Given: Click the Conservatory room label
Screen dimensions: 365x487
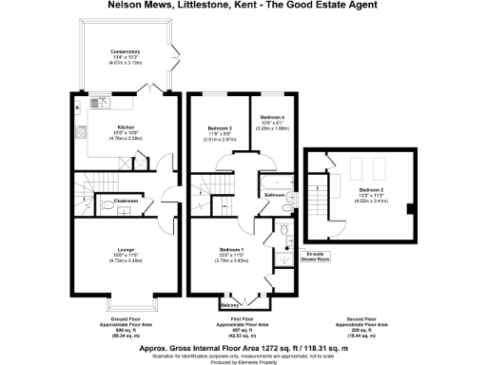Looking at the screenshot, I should coord(125,51).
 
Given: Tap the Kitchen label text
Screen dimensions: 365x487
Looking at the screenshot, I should coord(127,126).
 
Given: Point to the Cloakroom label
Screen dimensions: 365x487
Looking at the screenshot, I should coord(127,202).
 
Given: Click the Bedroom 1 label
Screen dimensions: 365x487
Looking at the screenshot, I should coord(233,249).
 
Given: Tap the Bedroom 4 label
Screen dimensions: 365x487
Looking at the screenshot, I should coord(273,116).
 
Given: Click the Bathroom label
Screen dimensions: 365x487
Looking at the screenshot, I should coord(276,195).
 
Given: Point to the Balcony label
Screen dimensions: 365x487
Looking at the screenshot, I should coord(228,304).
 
